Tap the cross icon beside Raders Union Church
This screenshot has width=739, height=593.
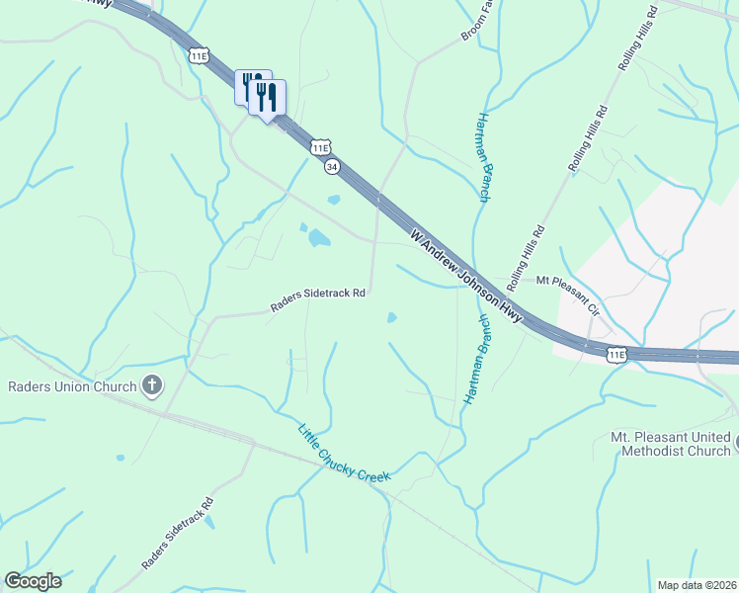tap(152, 384)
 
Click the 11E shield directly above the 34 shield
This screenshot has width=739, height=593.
tap(319, 147)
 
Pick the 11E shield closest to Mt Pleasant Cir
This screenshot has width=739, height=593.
tap(617, 353)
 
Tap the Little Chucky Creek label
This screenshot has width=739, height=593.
tap(344, 453)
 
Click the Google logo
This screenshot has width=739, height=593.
tap(33, 580)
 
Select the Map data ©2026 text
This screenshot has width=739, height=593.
tap(696, 584)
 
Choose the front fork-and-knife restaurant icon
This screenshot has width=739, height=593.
tap(268, 98)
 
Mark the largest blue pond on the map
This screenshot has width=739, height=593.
tap(319, 238)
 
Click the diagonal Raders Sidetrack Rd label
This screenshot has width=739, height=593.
tap(178, 534)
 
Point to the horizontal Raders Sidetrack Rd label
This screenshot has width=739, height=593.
tap(319, 300)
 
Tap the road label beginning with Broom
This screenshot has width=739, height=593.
tap(477, 22)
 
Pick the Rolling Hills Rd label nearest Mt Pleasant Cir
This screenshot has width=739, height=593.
tap(527, 256)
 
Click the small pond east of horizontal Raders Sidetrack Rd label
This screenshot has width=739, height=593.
tap(391, 318)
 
